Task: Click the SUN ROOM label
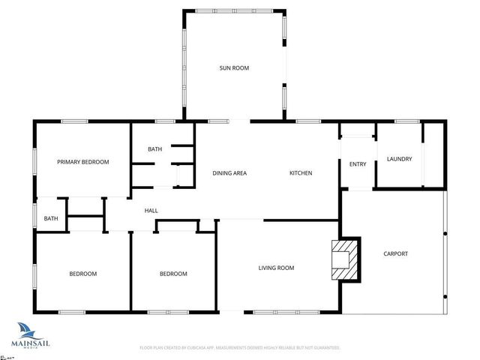[x=233, y=68]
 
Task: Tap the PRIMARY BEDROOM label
[x=83, y=162]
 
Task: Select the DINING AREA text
[x=229, y=173]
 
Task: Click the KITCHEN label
[x=301, y=173]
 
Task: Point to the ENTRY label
[x=358, y=164]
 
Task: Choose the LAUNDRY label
[x=399, y=159]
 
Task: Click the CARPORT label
[x=395, y=253]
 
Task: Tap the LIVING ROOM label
[x=276, y=268]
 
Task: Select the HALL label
[x=151, y=211]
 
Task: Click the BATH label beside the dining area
[x=154, y=149]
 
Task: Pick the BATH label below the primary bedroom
[x=51, y=219]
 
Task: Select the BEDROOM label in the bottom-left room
[x=83, y=274]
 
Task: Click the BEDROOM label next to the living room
[x=173, y=274]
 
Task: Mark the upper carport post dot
[x=445, y=235]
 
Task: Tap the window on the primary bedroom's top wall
[x=74, y=121]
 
